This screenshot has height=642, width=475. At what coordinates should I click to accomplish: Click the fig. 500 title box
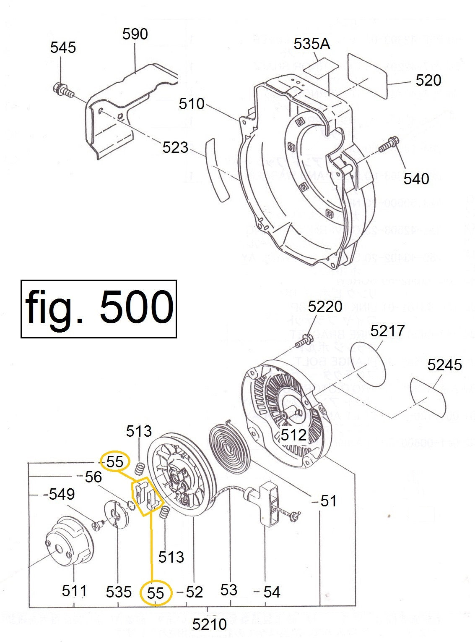99,309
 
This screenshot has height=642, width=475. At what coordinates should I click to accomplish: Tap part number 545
63,47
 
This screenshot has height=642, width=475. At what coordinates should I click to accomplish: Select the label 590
135,34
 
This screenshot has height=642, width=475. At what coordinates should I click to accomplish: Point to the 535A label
311,44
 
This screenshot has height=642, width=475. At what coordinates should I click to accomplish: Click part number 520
428,80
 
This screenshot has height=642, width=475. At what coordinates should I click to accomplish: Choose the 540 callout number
416,179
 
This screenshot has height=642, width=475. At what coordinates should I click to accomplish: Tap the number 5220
325,307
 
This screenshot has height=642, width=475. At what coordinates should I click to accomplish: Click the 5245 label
444,364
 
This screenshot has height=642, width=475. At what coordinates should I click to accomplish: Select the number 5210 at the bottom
210,624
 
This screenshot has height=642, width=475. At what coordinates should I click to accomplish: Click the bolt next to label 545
62,90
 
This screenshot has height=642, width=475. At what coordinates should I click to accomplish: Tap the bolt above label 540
389,145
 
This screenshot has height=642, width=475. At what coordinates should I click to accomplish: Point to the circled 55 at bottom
156,592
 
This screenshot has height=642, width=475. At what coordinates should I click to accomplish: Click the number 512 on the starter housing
293,435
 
